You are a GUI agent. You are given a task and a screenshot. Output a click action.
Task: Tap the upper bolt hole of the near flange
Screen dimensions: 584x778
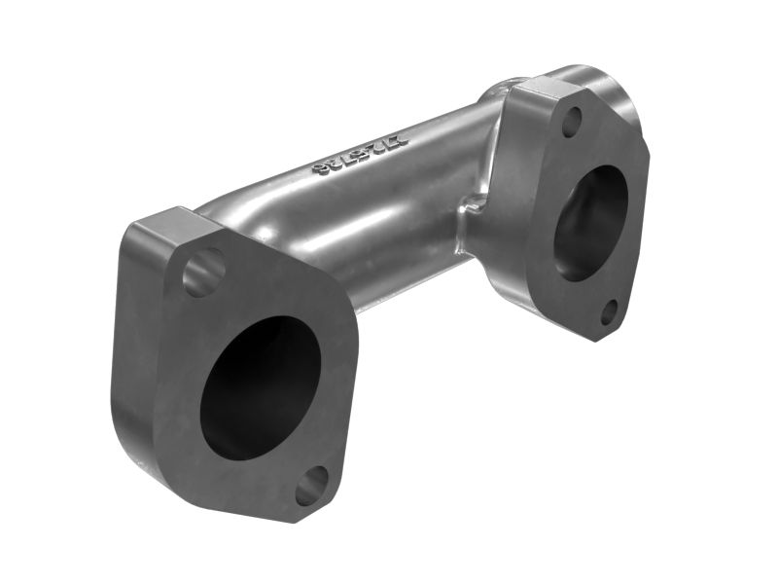[203, 273]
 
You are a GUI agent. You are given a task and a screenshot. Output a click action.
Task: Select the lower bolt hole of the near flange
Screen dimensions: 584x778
[312, 485]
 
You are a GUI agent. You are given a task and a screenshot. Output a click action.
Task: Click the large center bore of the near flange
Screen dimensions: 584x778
[260, 389]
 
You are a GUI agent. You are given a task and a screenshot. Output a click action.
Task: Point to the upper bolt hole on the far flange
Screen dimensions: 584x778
[572, 122]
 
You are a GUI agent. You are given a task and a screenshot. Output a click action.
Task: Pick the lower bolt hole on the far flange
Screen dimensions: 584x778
[609, 312]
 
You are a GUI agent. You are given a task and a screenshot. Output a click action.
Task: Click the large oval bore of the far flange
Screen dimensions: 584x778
[590, 223]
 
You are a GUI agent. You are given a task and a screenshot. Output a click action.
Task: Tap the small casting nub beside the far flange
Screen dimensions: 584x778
[474, 204]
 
